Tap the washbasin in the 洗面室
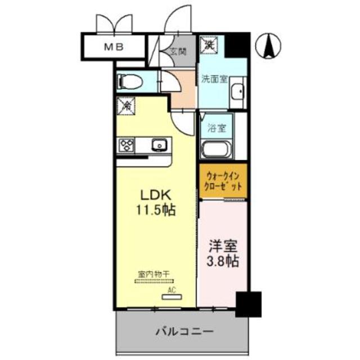[x=238, y=91]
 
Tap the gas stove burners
[x=127, y=146]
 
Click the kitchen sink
[x=160, y=146]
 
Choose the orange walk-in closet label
[x=222, y=181]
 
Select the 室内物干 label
[x=154, y=273]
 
